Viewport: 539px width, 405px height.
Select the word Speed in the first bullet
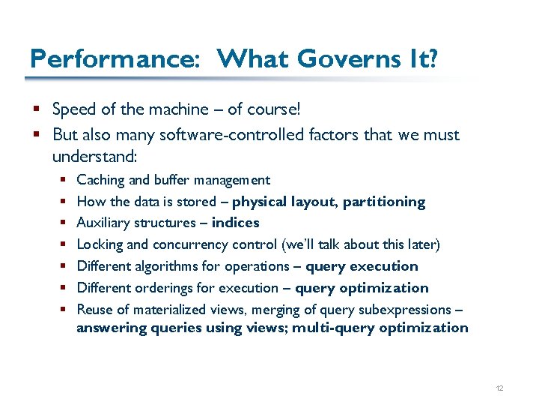74,109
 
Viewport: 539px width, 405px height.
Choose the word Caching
101,180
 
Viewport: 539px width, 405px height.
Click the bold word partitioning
384,202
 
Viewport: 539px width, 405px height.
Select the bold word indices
236,223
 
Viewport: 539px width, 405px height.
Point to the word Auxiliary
103,223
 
